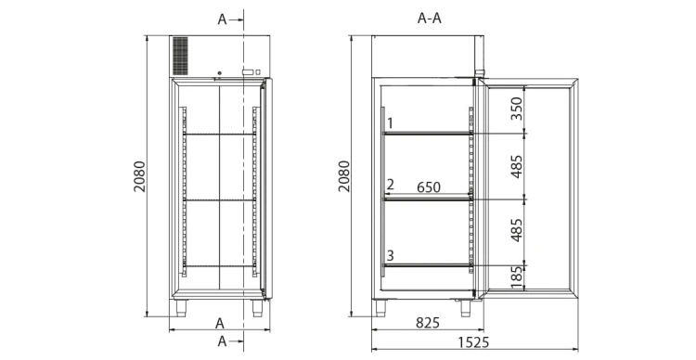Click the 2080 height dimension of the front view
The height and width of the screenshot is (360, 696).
(139, 176)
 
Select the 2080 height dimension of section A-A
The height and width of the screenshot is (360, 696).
(344, 176)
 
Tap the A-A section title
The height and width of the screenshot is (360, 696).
(430, 19)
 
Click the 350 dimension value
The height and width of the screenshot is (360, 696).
(516, 109)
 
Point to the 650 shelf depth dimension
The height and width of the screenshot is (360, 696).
(429, 187)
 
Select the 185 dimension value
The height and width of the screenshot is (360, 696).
(516, 277)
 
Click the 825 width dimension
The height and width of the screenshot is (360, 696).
(428, 323)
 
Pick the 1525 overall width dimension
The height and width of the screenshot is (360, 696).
(473, 342)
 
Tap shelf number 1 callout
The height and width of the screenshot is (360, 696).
(390, 123)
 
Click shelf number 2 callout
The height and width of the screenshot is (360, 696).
(390, 185)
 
